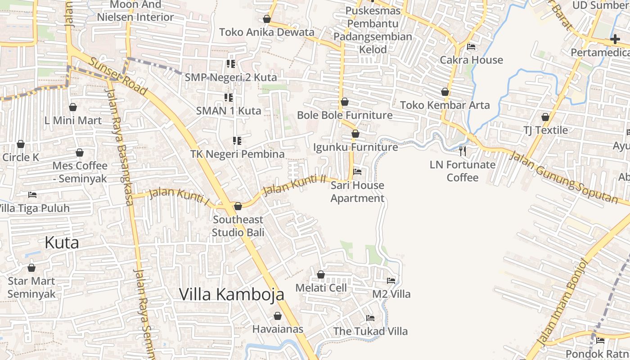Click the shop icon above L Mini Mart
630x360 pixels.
[x=73, y=107]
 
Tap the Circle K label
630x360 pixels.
[x=21, y=157]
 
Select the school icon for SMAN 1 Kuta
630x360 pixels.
[x=229, y=97]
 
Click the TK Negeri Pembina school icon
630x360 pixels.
[x=237, y=141]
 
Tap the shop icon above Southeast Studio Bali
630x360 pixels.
[x=238, y=206]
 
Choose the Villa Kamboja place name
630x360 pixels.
[x=232, y=294]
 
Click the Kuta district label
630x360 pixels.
[x=62, y=243]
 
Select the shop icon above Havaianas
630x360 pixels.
[x=278, y=316]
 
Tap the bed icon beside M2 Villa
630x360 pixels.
[x=391, y=281]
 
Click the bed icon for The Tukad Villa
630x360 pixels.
[x=370, y=318]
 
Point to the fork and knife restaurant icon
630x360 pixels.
[x=463, y=151]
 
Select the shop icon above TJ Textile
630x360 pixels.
[x=545, y=117]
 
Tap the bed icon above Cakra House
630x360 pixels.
[x=471, y=47]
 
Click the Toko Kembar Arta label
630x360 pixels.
[x=445, y=105]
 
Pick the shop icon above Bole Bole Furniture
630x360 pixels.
[x=345, y=102]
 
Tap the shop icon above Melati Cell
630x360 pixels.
[x=321, y=274]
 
